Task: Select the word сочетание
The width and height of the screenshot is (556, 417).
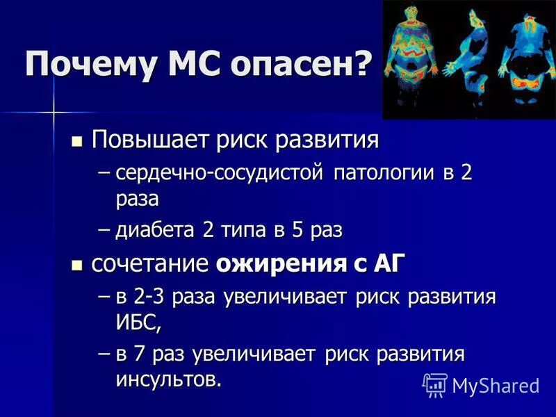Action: (150, 264)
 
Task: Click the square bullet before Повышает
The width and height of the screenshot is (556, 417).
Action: (77, 141)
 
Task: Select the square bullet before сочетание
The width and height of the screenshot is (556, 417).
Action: (77, 265)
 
